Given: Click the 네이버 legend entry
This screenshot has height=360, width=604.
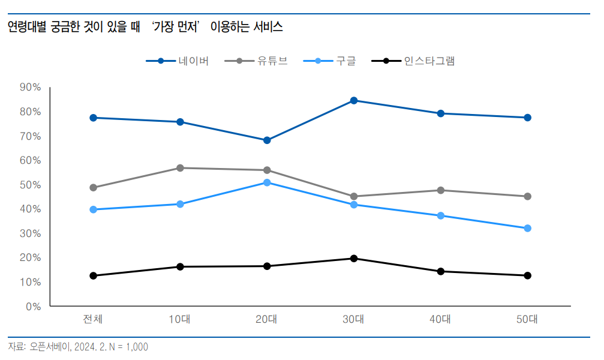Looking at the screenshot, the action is (177, 61).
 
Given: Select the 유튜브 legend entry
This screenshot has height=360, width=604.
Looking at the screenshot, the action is (256, 61).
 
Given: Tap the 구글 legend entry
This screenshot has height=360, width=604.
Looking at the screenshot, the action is (330, 61).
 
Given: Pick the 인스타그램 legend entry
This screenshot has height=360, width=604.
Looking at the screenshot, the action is (413, 61).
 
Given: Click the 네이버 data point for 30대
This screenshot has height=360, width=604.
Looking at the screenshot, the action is (354, 101).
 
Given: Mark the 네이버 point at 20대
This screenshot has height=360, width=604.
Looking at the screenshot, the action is (267, 140).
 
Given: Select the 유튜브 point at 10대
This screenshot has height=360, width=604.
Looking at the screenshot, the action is (180, 168).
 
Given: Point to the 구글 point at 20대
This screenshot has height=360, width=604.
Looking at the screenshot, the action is (267, 182).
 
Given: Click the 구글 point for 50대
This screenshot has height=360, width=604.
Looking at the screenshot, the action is (528, 228).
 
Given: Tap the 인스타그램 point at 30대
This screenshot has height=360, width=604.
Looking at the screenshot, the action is (354, 258).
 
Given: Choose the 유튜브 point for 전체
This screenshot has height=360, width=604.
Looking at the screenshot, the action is (93, 188).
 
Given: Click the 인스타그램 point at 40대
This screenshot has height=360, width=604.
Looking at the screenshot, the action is (441, 271).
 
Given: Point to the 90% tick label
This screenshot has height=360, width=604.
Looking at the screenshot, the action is (31, 87).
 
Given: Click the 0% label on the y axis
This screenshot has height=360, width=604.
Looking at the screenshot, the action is (34, 307).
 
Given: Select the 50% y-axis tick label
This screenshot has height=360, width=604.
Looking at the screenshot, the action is (31, 185).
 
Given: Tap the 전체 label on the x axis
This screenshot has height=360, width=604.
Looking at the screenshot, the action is (93, 319).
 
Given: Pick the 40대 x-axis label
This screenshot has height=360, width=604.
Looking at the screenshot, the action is (440, 319).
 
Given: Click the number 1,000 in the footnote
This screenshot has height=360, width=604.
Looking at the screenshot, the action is (137, 347).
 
